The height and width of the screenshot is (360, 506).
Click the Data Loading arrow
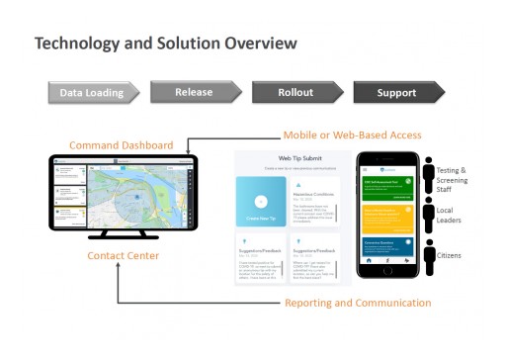coord(92,93)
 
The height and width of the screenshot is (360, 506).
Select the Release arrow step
coord(195,92)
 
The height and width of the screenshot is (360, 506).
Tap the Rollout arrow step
coord(295,93)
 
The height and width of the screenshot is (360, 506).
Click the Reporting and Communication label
coord(358,303)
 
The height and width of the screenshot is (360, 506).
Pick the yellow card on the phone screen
coord(387,217)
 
